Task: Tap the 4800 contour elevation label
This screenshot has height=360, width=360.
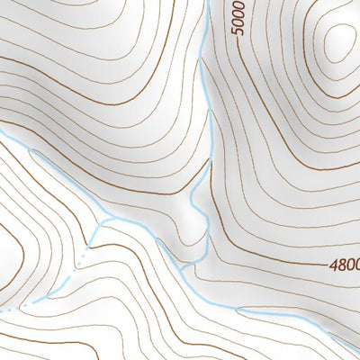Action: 344,266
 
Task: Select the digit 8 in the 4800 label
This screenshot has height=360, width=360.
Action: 339,266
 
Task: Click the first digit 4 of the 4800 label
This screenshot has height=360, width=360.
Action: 332,266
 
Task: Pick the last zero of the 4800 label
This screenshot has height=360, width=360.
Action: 355,266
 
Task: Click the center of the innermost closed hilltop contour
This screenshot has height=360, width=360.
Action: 340,40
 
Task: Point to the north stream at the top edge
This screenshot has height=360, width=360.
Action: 207,3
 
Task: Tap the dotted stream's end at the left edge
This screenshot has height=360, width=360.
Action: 3,310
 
